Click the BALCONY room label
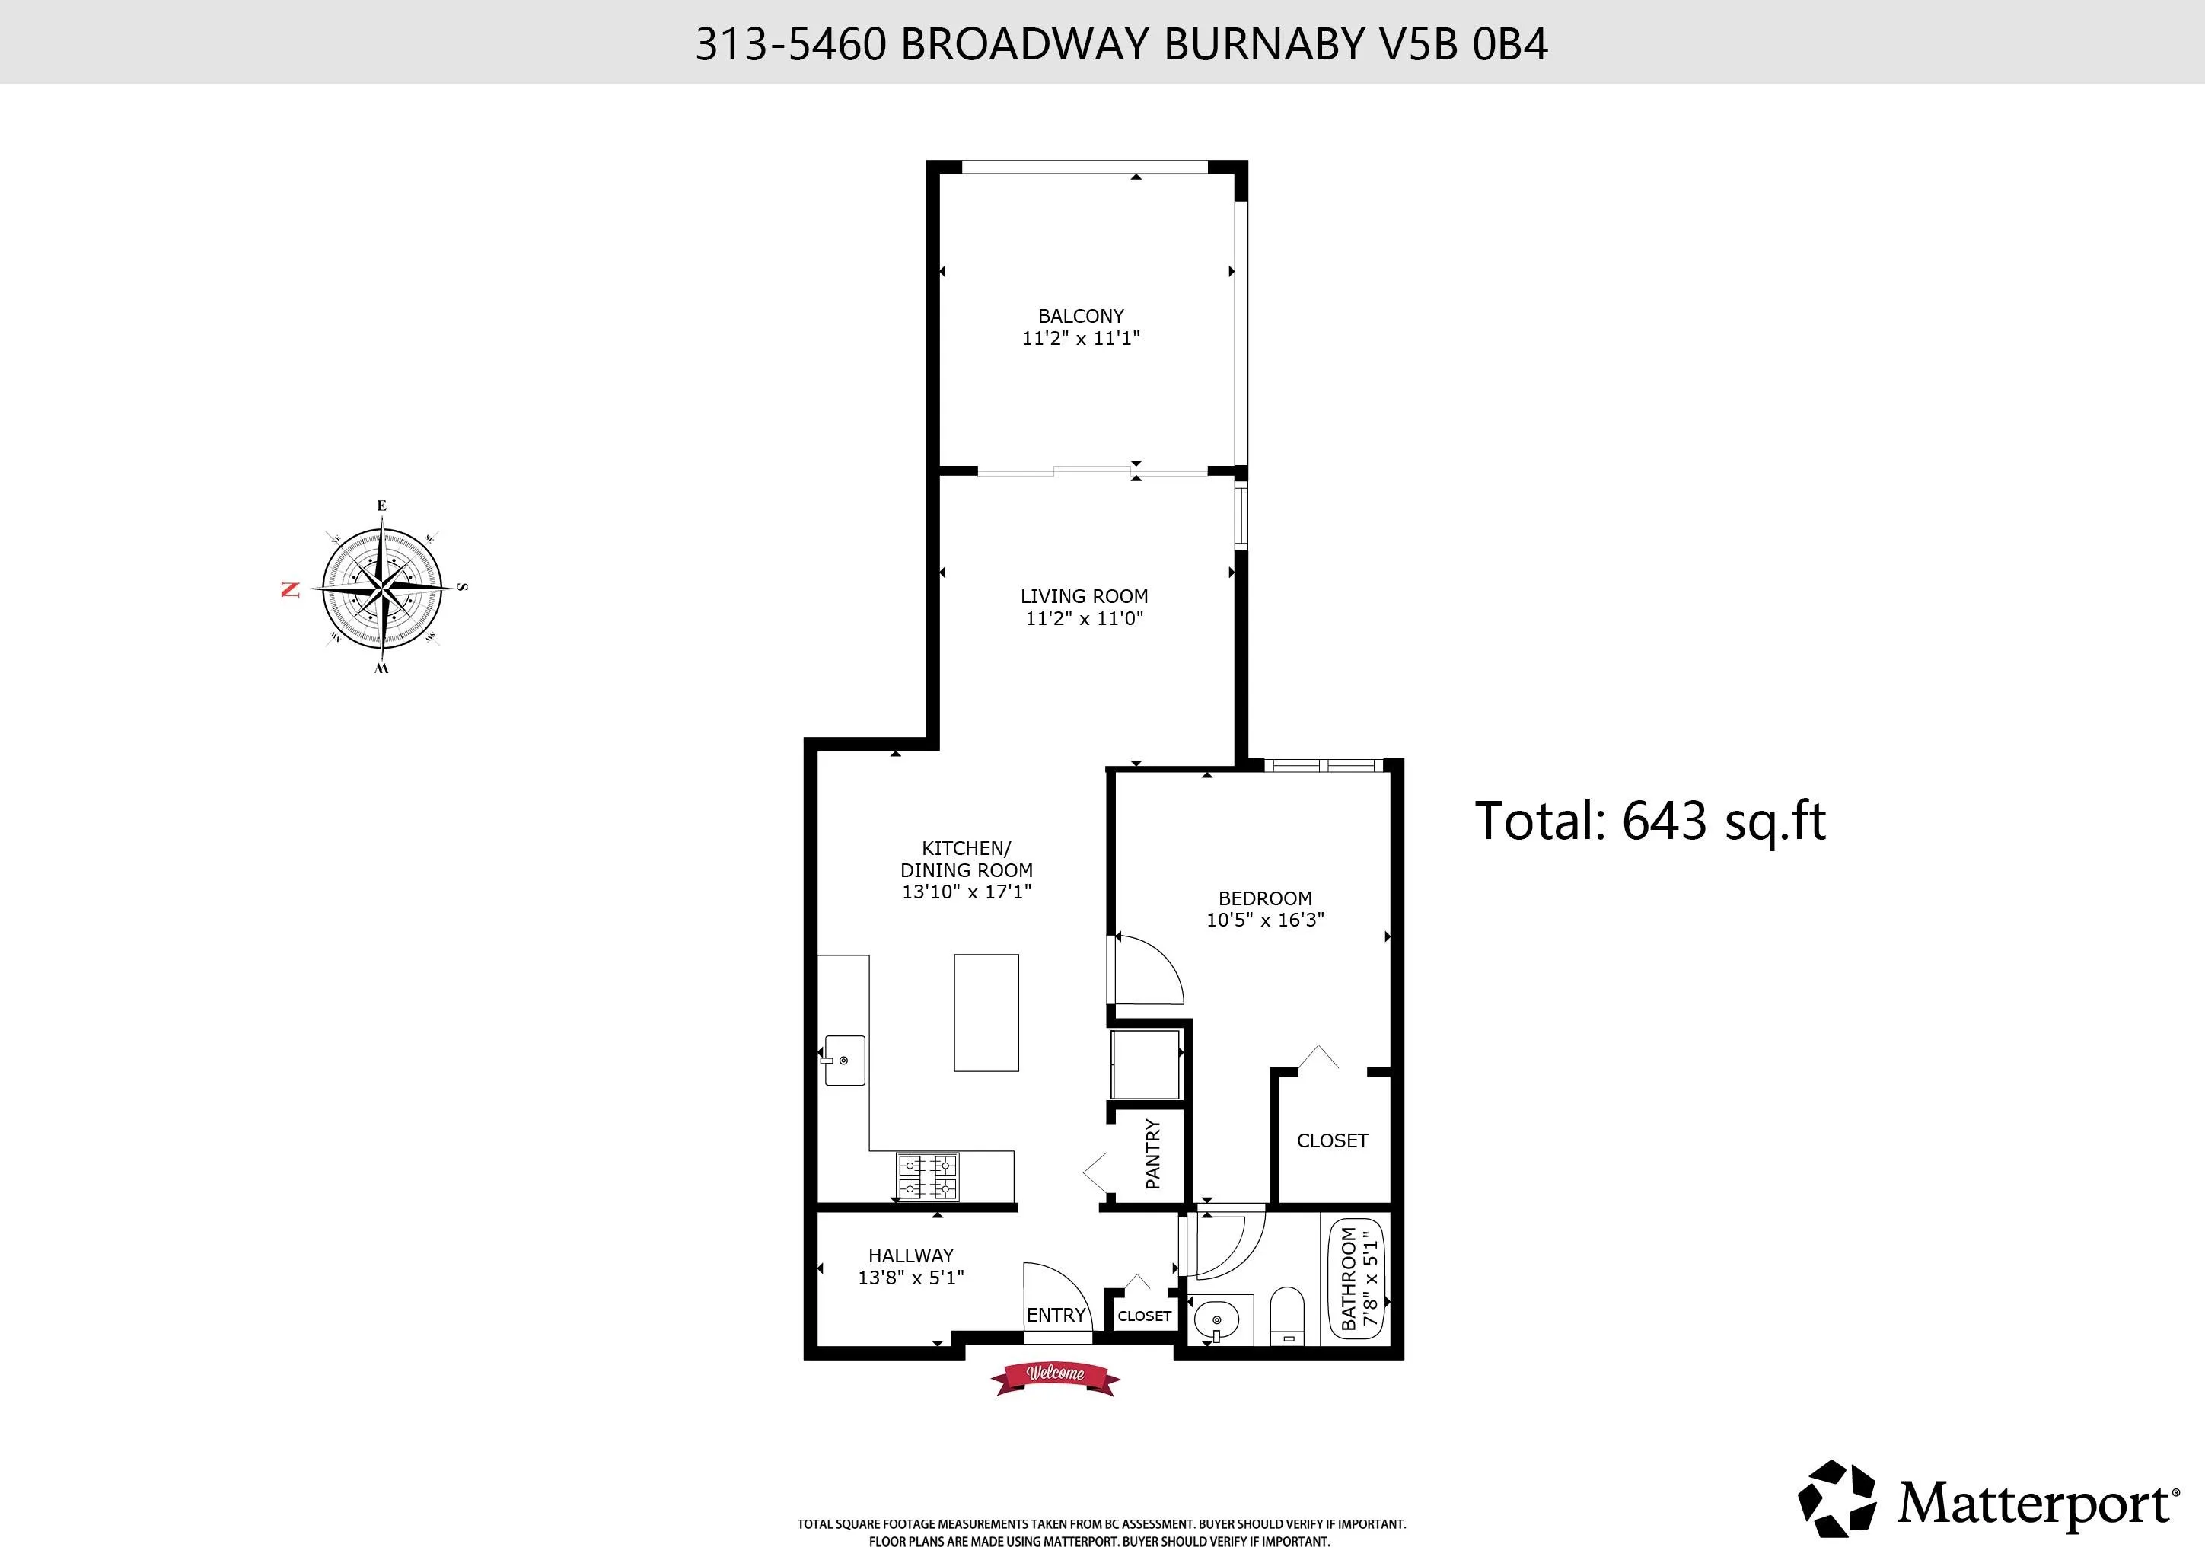(x=1080, y=316)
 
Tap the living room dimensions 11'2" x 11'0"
(x=1085, y=619)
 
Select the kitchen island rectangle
(x=986, y=1012)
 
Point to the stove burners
(x=927, y=1177)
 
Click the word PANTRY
(x=1152, y=1153)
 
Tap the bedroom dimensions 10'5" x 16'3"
(x=1265, y=919)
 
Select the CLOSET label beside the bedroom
(x=1332, y=1140)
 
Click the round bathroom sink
(x=1217, y=1321)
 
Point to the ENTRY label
(x=1056, y=1315)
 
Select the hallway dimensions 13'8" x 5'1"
(x=910, y=1278)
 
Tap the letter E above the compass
(x=381, y=506)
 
